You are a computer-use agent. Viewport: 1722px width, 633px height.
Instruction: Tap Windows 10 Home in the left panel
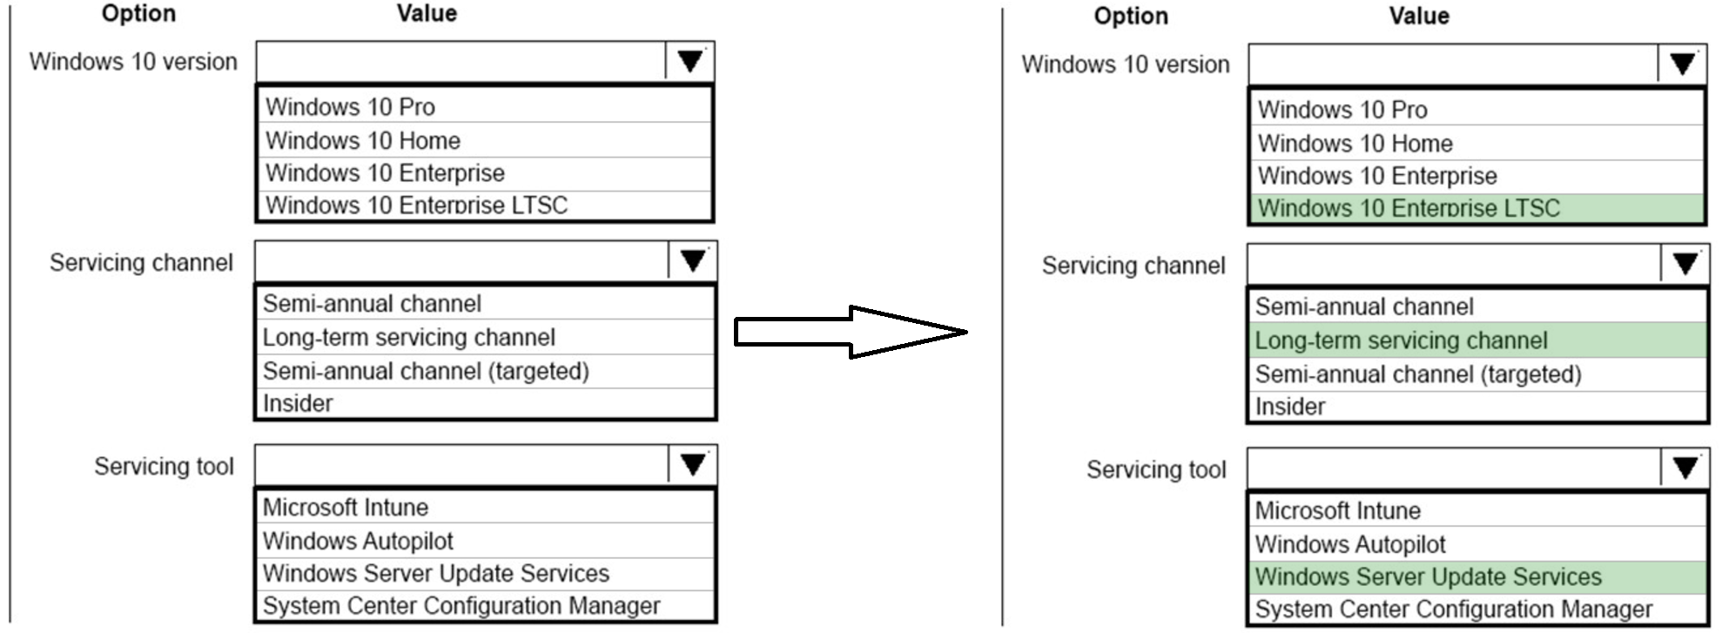pos(363,140)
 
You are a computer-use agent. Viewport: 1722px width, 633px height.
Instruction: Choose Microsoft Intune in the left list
pos(346,508)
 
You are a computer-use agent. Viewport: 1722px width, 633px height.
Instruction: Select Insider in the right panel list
pos(1290,407)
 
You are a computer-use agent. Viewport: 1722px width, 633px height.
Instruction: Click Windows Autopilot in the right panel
pos(1350,544)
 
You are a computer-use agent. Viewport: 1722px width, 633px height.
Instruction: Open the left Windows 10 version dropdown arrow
pos(690,62)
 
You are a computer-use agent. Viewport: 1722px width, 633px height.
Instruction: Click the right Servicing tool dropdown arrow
pos(1685,468)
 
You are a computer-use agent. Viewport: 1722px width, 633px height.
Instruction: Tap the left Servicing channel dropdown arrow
pos(692,261)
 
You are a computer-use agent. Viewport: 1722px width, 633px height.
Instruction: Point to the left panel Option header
pos(138,13)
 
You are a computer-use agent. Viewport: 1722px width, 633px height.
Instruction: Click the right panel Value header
pos(1418,16)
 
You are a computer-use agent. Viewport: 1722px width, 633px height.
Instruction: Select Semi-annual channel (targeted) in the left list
pos(426,371)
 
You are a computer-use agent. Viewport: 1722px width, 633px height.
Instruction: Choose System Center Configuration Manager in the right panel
pos(1454,609)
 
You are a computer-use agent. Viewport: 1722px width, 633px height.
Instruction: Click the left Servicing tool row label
pos(164,467)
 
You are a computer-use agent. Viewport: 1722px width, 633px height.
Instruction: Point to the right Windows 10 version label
pos(1125,64)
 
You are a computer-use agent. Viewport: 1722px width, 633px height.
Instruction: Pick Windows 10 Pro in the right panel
pos(1342,110)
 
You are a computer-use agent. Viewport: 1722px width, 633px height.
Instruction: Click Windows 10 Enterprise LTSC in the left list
pos(416,205)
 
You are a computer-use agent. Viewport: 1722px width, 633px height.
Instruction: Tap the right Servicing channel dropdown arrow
pos(1685,264)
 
